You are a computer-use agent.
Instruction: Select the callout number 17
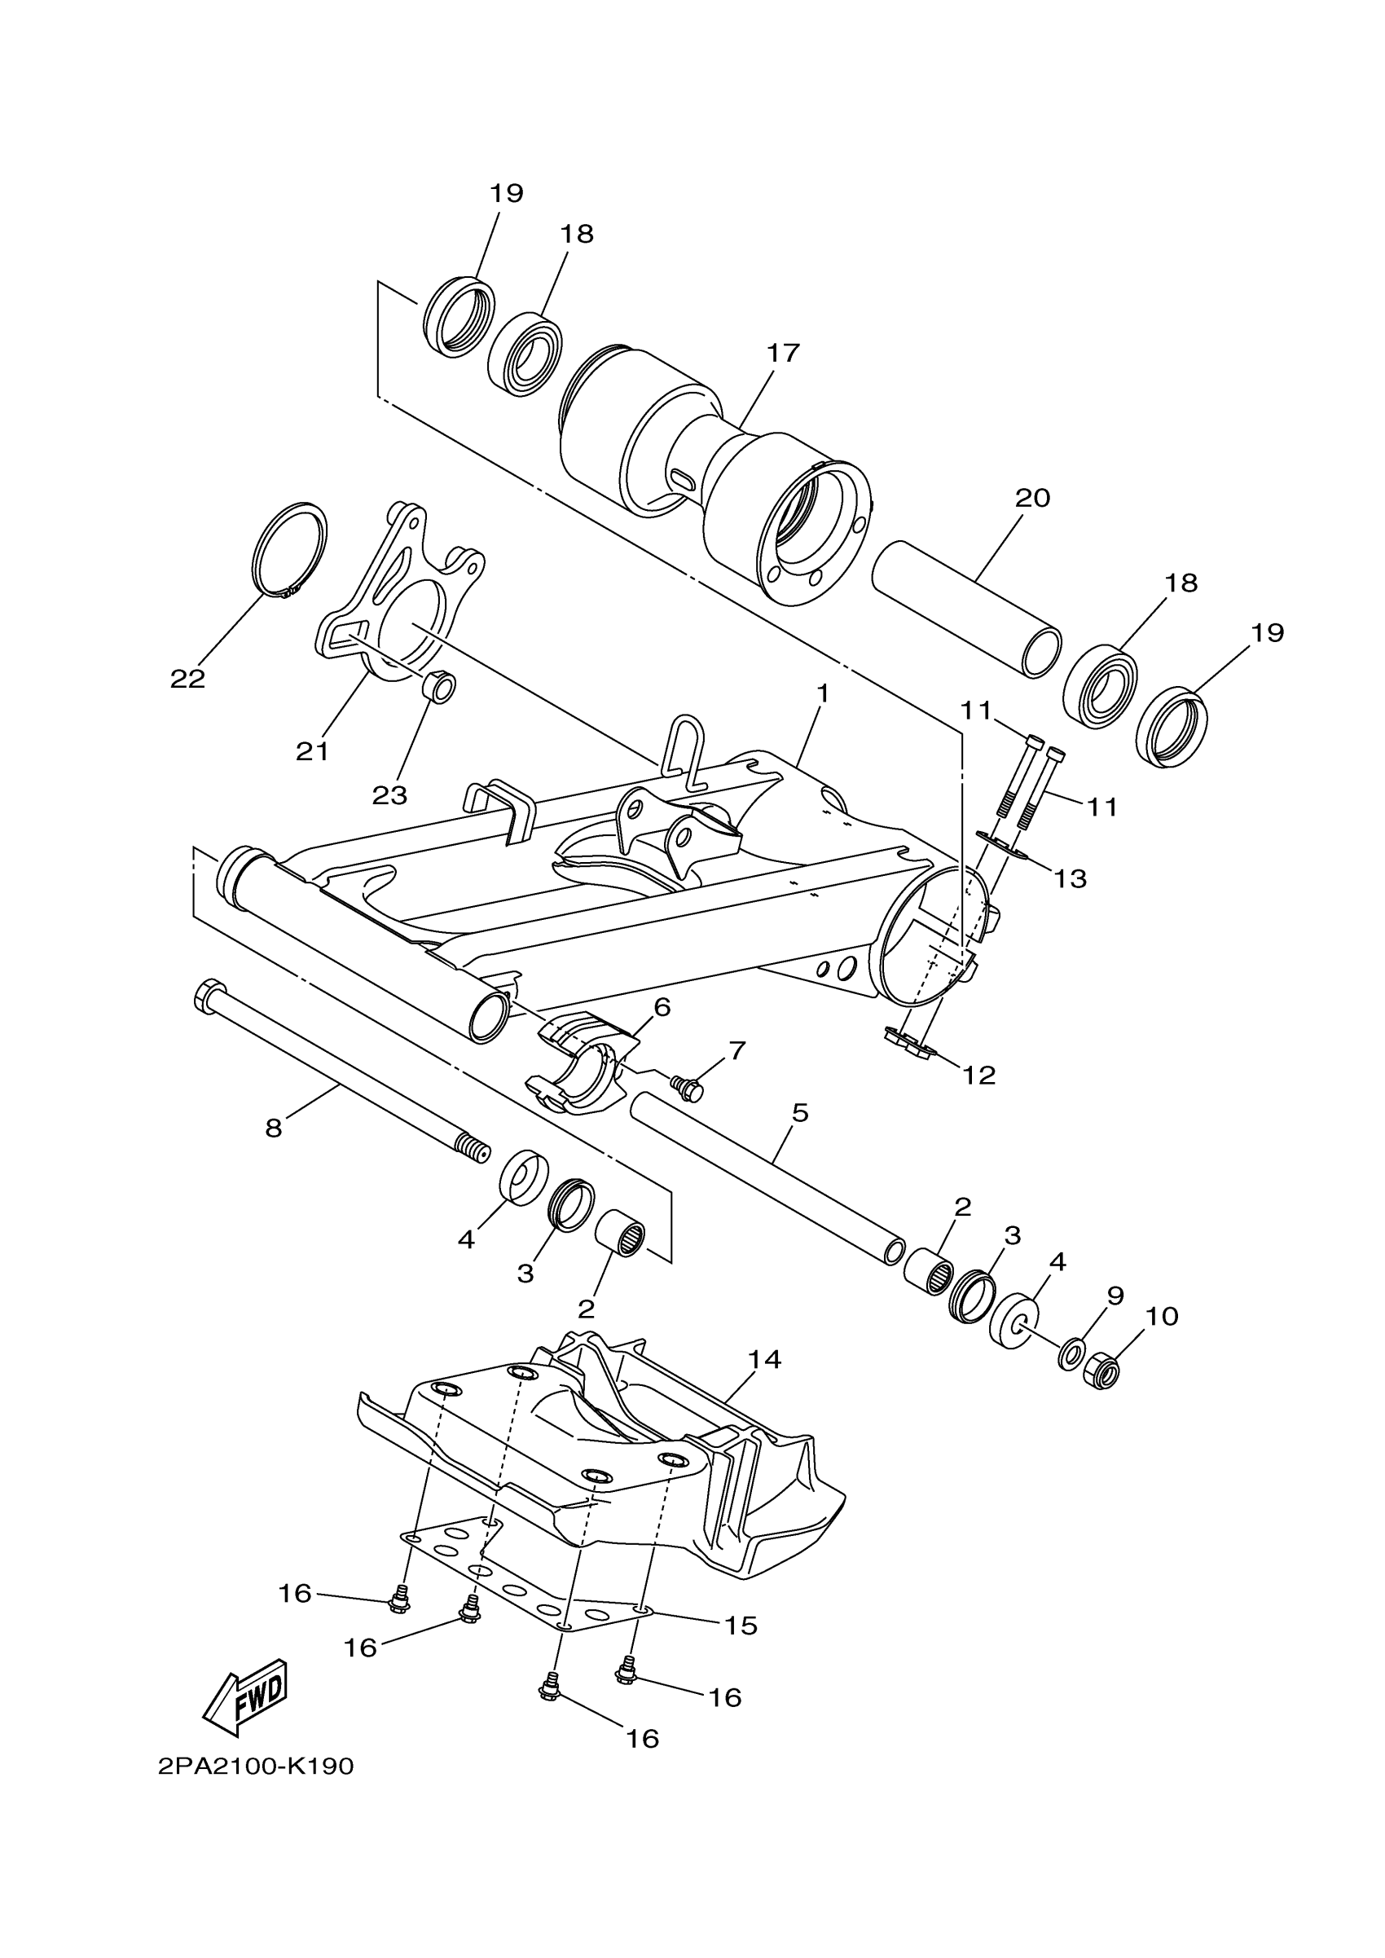tap(782, 353)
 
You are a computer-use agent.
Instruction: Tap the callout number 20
tap(1032, 498)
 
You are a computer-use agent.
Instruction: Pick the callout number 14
tap(764, 1359)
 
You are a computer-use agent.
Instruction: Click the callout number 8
tap(273, 1129)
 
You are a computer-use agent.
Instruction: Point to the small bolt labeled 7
tap(689, 1087)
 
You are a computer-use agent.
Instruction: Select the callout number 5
tap(799, 1113)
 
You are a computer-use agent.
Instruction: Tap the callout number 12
tap(979, 1076)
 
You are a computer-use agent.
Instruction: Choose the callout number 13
tap(1071, 878)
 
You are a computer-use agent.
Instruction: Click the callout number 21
tap(312, 751)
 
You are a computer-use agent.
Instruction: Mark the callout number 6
tap(662, 1007)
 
